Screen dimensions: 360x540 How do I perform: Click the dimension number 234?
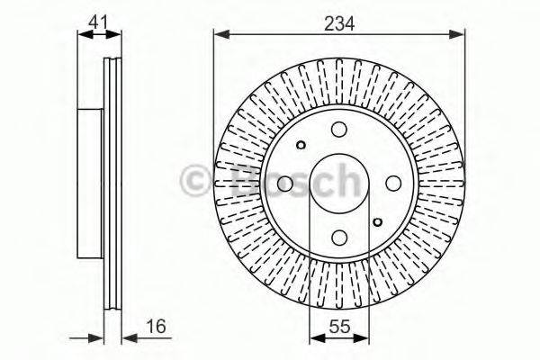(x=339, y=24)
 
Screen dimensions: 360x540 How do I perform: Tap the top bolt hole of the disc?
(x=339, y=130)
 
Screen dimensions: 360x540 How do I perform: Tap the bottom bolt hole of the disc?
(x=339, y=237)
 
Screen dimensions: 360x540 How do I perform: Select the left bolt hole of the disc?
(x=285, y=184)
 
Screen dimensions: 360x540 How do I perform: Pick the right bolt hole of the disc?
(x=393, y=184)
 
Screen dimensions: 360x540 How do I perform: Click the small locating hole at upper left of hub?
(x=301, y=145)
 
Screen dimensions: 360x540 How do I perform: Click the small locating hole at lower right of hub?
(x=378, y=222)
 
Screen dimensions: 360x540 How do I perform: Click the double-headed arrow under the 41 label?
(x=99, y=35)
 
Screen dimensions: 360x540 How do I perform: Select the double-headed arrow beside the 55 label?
(x=338, y=338)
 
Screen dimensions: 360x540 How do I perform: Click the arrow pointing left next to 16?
(x=131, y=338)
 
